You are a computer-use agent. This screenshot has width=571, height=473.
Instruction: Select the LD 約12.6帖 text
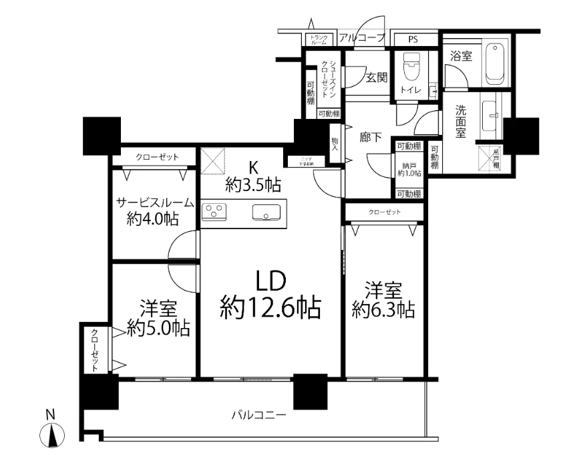tap(270, 294)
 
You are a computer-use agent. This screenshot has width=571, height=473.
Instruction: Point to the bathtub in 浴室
tap(494, 64)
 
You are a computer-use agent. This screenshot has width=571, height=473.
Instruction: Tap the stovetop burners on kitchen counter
tap(214, 212)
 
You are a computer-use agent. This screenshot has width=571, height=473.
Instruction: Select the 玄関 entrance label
tap(376, 77)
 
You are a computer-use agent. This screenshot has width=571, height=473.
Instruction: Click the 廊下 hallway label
tap(371, 138)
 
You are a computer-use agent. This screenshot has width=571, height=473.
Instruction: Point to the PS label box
tap(414, 39)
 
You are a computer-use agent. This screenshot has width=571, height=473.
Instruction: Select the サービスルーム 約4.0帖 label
tap(156, 210)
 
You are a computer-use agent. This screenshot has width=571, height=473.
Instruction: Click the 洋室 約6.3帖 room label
tap(383, 301)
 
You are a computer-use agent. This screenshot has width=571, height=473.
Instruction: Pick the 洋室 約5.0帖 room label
tap(158, 319)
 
